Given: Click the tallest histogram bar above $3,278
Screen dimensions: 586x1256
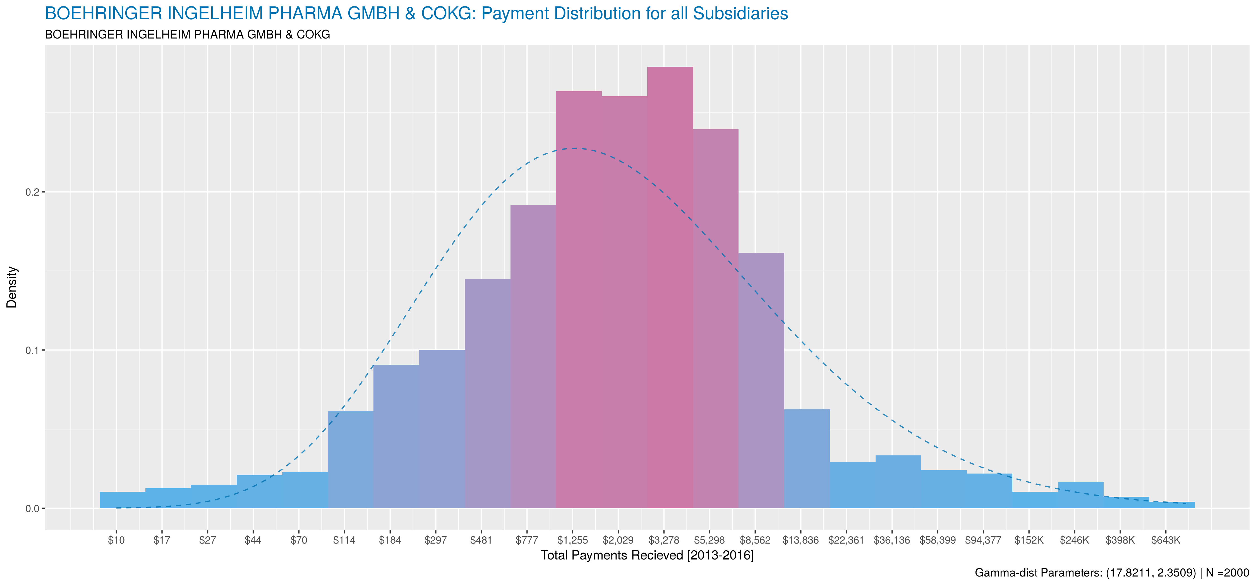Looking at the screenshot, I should coord(670,288).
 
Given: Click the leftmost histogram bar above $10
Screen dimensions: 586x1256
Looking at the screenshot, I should coord(122,500).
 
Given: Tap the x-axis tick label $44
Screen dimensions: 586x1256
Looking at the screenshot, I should coord(253,540).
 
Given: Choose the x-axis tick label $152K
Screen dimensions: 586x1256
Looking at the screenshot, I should coord(1029,540).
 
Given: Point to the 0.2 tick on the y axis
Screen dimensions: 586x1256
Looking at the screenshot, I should coord(32,192).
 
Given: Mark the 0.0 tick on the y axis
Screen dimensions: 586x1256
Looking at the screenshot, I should coord(32,508).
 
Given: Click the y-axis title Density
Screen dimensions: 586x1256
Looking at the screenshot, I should coord(12,287).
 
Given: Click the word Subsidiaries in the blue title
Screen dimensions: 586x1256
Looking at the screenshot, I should coord(740,14).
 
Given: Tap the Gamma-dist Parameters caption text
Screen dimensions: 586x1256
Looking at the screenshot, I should coord(1085,573).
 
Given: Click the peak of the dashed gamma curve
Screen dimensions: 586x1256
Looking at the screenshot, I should coord(574,148).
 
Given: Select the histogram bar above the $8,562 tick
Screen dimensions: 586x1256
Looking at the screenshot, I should coord(761,380).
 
